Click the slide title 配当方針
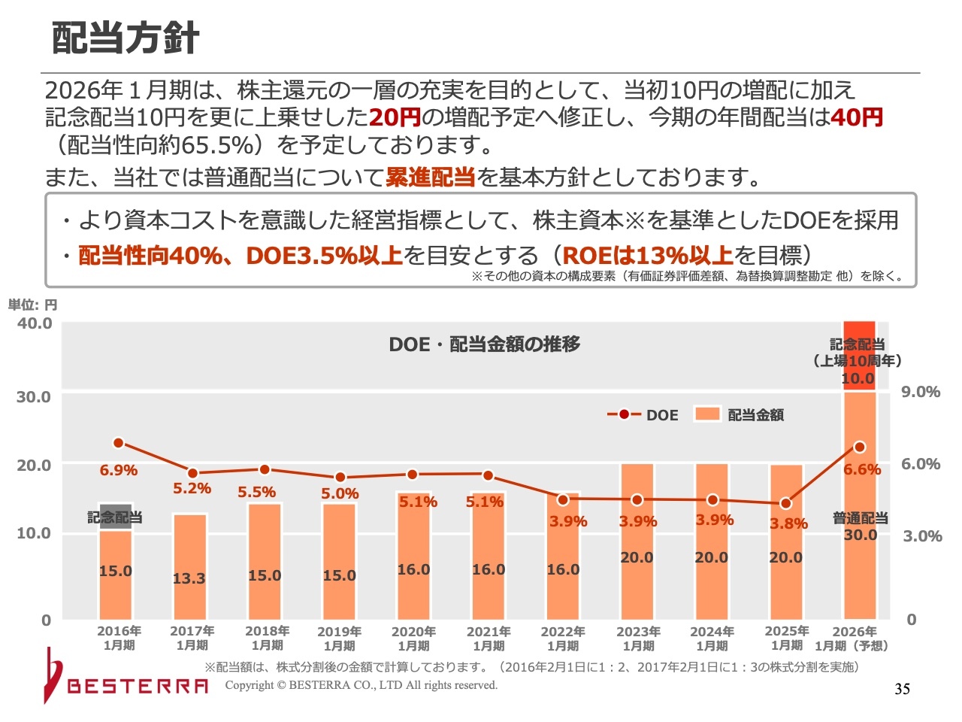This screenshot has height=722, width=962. (126, 38)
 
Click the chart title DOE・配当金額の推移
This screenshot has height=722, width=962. (485, 344)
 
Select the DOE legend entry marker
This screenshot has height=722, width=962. (624, 414)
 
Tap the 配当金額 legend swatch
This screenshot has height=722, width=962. (707, 414)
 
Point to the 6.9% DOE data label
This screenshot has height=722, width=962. (118, 471)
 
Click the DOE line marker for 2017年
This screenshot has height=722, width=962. (192, 473)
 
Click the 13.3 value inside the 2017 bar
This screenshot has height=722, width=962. (189, 579)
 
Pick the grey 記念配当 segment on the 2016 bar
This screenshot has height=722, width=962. (115, 517)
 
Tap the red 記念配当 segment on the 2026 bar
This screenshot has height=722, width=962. (859, 353)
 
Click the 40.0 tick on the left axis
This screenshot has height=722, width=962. (35, 323)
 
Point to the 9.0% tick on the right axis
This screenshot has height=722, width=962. (921, 392)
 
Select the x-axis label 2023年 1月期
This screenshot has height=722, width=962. (638, 639)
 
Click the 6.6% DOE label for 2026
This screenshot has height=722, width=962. (861, 470)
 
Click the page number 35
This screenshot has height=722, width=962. (902, 689)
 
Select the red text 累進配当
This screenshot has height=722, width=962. (430, 177)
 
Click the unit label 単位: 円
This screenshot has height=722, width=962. (32, 305)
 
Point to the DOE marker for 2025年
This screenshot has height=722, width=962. (785, 503)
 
